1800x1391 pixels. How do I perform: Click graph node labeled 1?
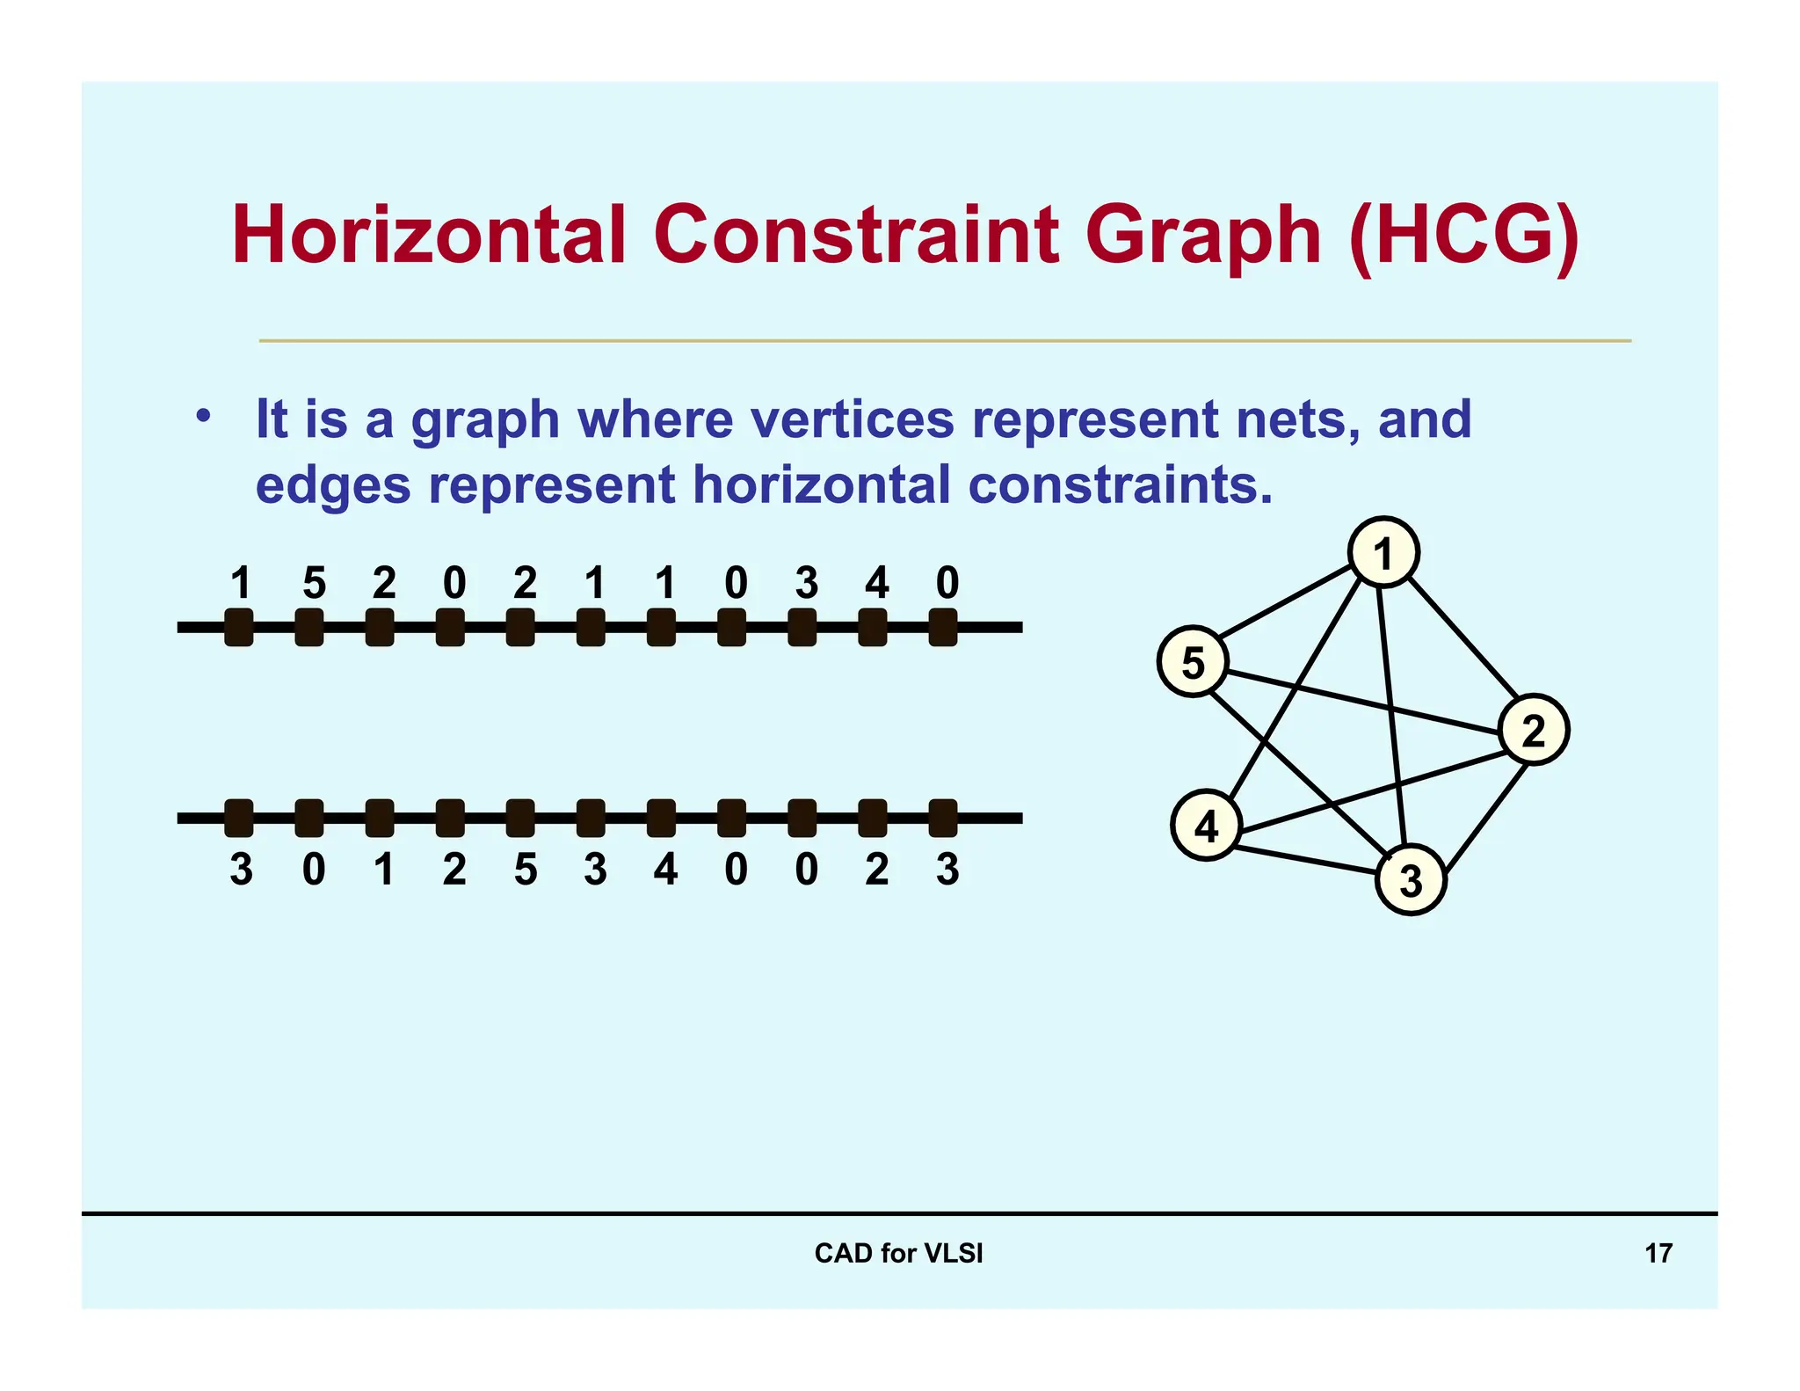[x=1383, y=552]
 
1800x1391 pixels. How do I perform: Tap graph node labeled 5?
[x=1193, y=662]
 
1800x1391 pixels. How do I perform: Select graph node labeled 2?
[x=1533, y=730]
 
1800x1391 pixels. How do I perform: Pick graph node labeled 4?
[x=1206, y=826]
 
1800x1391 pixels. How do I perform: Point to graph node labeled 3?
[x=1410, y=879]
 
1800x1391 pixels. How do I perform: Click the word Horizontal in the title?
[x=428, y=235]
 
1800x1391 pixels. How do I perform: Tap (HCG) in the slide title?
[x=1463, y=235]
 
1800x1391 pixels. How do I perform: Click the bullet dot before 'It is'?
[x=203, y=415]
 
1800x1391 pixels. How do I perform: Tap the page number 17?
[x=1658, y=1253]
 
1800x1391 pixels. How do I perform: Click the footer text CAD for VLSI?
[x=898, y=1253]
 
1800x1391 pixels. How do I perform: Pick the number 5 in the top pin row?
[x=314, y=583]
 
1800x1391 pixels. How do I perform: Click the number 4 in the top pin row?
[x=876, y=583]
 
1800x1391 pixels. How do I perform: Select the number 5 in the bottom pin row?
[x=525, y=870]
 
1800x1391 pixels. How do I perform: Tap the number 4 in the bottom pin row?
[x=665, y=870]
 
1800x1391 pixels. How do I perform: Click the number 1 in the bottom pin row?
[x=383, y=870]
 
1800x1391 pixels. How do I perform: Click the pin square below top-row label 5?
[x=308, y=628]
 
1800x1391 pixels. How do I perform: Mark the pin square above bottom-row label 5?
[x=520, y=818]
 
